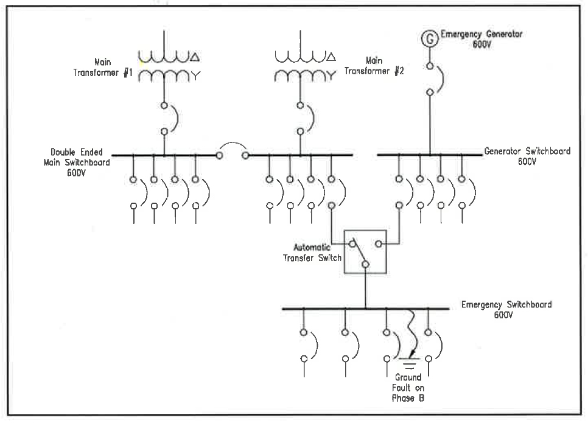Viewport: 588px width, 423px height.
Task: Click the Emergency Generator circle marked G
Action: [x=430, y=39]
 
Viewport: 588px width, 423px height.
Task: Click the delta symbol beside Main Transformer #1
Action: [x=195, y=58]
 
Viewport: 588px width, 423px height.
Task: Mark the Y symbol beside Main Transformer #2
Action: [x=332, y=76]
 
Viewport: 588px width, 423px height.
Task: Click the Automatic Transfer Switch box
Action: [x=365, y=251]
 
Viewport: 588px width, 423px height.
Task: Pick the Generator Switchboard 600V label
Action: [x=527, y=156]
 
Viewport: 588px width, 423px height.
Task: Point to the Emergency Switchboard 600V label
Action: [x=506, y=309]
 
